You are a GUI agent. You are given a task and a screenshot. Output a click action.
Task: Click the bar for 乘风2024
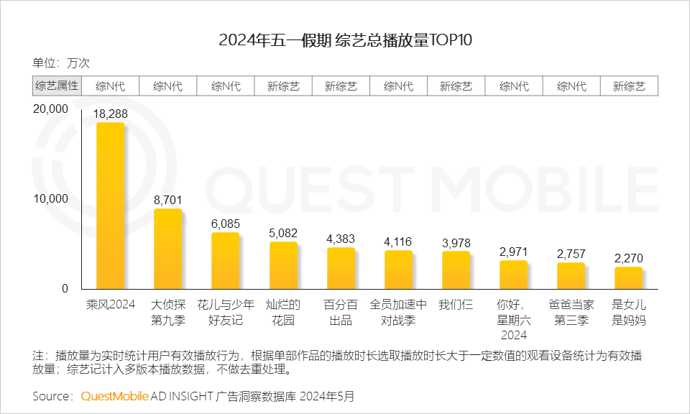pyautogui.click(x=111, y=206)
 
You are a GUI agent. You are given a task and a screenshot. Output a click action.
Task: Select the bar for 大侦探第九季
pyautogui.click(x=168, y=249)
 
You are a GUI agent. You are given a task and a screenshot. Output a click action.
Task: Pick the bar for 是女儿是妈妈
pyautogui.click(x=628, y=278)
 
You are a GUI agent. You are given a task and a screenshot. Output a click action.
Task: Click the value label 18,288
pyautogui.click(x=111, y=114)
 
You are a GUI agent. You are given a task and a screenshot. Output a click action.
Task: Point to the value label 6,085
pyautogui.click(x=226, y=224)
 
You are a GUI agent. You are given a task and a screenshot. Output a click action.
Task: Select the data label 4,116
pyautogui.click(x=398, y=241)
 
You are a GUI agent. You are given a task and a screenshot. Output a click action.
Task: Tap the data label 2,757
pyautogui.click(x=571, y=254)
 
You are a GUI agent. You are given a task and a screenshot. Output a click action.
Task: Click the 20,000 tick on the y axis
pyautogui.click(x=50, y=109)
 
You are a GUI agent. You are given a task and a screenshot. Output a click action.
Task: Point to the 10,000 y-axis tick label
pyautogui.click(x=50, y=198)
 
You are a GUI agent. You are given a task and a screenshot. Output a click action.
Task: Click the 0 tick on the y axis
pyautogui.click(x=64, y=288)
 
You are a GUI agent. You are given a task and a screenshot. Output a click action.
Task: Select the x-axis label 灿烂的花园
pyautogui.click(x=283, y=312)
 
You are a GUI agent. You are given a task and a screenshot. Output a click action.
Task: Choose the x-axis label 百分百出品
pyautogui.click(x=341, y=312)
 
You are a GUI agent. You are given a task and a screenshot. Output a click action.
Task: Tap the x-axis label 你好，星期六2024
pyautogui.click(x=513, y=319)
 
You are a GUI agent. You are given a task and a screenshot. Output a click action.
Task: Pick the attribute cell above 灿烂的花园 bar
pyautogui.click(x=283, y=86)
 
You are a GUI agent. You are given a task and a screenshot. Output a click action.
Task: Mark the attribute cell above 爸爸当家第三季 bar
pyautogui.click(x=571, y=86)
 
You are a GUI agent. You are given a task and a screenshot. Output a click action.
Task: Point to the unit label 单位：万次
pyautogui.click(x=61, y=63)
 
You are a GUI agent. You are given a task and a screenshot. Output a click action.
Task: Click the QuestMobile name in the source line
pyautogui.click(x=115, y=396)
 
